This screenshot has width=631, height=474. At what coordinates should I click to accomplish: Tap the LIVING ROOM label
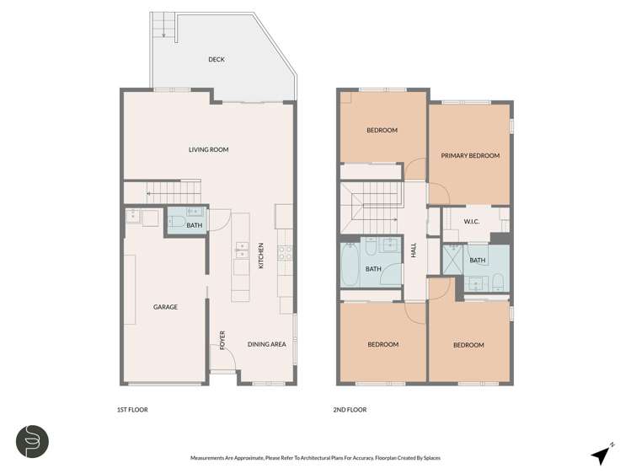pos(208,150)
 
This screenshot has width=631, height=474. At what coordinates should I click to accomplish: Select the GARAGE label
pos(165,307)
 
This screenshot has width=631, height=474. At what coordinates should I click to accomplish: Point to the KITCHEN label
pos(261,257)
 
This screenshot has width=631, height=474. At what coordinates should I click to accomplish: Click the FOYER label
pos(223,340)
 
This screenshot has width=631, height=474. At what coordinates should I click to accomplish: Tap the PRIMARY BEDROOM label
pos(471,156)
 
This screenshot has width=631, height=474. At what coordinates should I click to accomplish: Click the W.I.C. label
pos(472,222)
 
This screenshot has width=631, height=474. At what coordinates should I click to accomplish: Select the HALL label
pos(414,251)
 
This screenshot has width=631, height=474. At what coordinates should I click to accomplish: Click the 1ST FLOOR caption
pos(132,410)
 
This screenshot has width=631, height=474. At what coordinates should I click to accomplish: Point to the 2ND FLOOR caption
pos(350,410)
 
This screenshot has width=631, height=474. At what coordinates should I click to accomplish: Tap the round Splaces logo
pos(33,441)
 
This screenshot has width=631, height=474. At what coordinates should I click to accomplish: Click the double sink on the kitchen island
pos(242,249)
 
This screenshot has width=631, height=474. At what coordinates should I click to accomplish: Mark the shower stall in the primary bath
pos(453,258)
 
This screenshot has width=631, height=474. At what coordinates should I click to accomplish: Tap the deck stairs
pos(162,26)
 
